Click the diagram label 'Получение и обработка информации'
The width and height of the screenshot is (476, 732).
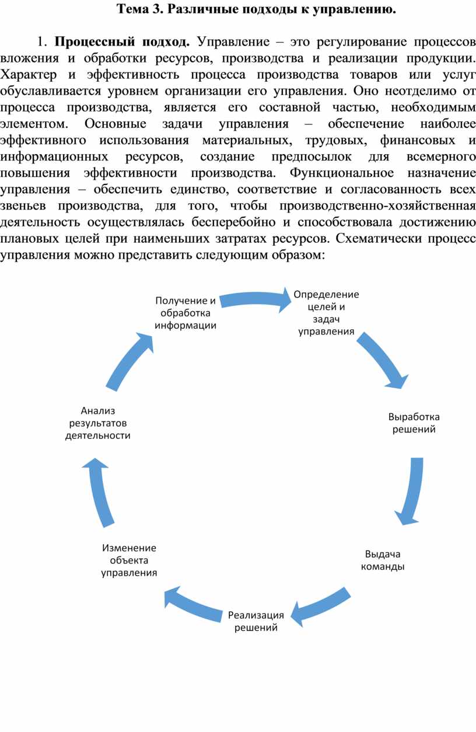tap(185, 313)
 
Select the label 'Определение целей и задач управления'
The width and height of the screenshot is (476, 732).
tap(326, 313)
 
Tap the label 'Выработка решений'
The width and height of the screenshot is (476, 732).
tap(414, 423)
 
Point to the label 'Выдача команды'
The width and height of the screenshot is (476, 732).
tap(383, 560)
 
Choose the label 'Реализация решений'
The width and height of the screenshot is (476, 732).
tap(256, 621)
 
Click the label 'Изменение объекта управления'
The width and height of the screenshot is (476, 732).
tap(129, 560)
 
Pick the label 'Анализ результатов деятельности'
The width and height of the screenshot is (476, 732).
tap(97, 423)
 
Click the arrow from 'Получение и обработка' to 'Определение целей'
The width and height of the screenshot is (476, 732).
tap(256, 299)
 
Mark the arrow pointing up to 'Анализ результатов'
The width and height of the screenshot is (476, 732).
tap(99, 493)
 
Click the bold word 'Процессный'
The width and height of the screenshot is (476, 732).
tap(94, 42)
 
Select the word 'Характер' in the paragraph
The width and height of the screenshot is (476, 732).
tap(29, 75)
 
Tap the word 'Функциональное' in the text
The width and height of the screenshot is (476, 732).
tap(342, 173)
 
